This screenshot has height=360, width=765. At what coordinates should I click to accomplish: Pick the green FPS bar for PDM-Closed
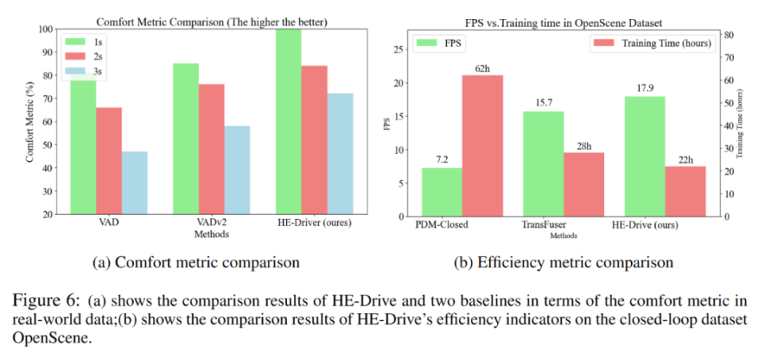(441, 192)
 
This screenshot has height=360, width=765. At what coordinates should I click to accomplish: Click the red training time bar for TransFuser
(583, 184)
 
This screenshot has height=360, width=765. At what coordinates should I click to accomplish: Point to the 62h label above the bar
(484, 68)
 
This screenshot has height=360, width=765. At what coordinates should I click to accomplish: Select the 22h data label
(685, 158)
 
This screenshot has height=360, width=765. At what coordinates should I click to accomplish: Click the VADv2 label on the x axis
(211, 225)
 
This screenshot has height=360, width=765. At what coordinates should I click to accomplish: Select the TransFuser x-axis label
(543, 225)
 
